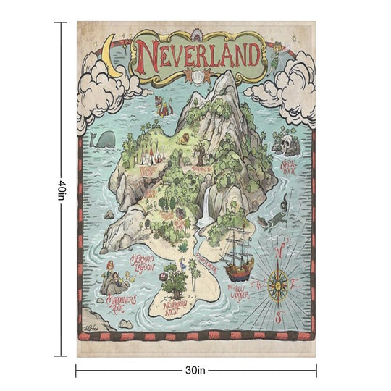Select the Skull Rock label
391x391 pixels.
[x=290, y=167]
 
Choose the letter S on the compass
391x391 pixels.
[x=279, y=319]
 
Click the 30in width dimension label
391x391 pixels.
[x=195, y=370]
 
